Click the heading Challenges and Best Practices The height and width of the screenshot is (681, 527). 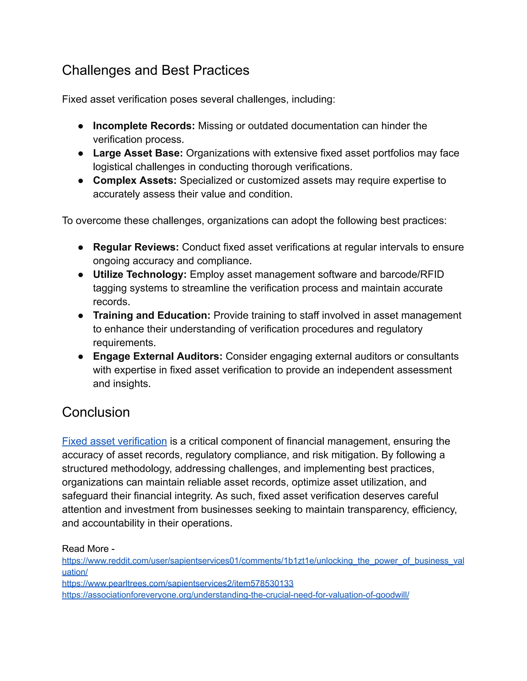pyautogui.click(x=155, y=70)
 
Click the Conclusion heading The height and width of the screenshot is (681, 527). pyautogui.click(x=96, y=412)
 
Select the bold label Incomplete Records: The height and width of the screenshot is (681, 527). pyautogui.click(x=144, y=126)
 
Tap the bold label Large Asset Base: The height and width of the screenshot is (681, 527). pyautogui.click(x=138, y=153)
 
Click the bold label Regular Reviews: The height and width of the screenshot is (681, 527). pyautogui.click(x=136, y=247)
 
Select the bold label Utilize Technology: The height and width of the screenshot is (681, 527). pyautogui.click(x=139, y=274)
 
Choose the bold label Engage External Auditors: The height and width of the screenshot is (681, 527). pyautogui.click(x=157, y=356)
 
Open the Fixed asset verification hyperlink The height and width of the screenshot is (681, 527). pyautogui.click(x=114, y=441)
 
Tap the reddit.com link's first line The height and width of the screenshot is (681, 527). pyautogui.click(x=263, y=561)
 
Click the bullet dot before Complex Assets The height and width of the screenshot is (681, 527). pyautogui.click(x=81, y=181)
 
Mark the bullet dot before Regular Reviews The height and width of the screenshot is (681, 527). pyautogui.click(x=81, y=247)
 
